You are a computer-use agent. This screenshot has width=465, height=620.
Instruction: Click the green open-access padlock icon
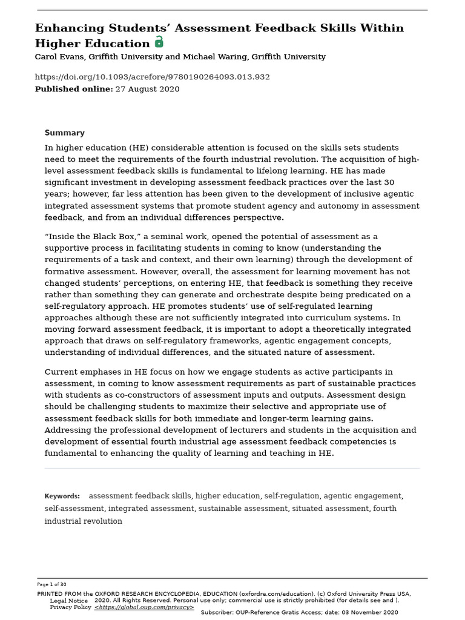pyautogui.click(x=159, y=42)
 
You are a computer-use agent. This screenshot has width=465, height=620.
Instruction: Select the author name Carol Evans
pyautogui.click(x=59, y=57)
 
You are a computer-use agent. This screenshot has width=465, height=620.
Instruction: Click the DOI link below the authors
pyautogui.click(x=152, y=77)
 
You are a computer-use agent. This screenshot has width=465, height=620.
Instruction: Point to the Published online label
pyautogui.click(x=73, y=89)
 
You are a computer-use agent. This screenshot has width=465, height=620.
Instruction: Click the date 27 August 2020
pyautogui.click(x=147, y=89)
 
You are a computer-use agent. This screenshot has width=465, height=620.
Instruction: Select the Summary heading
pyautogui.click(x=64, y=133)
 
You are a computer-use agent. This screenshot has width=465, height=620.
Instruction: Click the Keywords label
pyautogui.click(x=62, y=496)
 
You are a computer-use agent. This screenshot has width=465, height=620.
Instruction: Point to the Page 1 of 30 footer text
pyautogui.click(x=51, y=584)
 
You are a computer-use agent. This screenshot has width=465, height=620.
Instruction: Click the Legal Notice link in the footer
pyautogui.click(x=68, y=601)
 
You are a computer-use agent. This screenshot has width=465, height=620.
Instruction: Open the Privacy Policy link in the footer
pyautogui.click(x=70, y=607)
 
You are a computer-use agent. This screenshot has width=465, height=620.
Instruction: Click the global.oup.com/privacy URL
pyautogui.click(x=144, y=607)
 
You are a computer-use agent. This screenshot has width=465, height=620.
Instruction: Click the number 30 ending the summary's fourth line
pyautogui.click(x=389, y=182)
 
